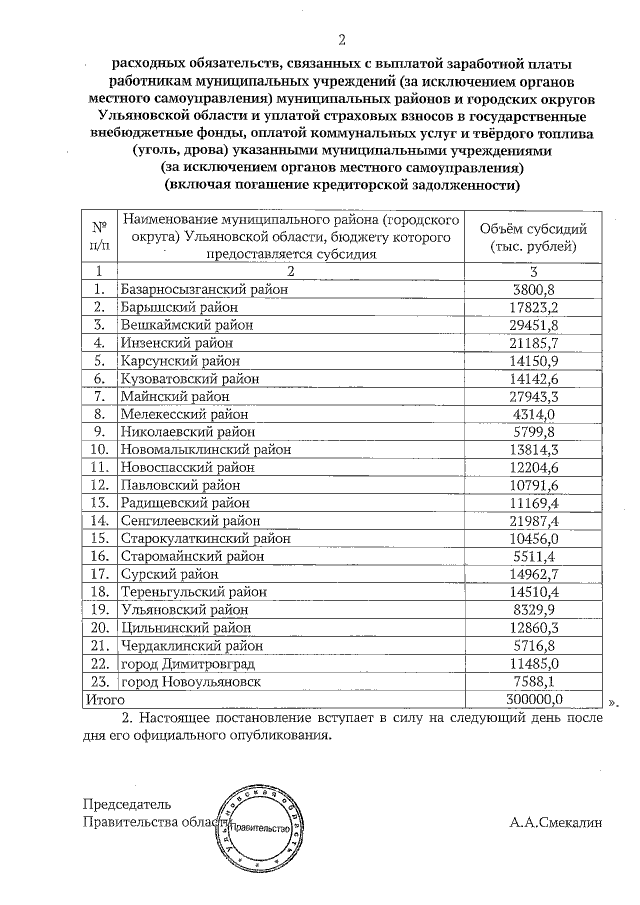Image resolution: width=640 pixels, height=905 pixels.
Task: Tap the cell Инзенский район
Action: pyautogui.click(x=172, y=343)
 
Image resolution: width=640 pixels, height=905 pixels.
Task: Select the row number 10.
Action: pyautogui.click(x=99, y=450)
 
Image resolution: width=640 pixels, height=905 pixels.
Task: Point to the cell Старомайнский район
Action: pyautogui.click(x=190, y=557)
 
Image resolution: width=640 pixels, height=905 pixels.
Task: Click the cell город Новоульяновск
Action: pyautogui.click(x=190, y=681)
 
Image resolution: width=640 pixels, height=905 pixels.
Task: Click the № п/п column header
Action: pyautogui.click(x=99, y=236)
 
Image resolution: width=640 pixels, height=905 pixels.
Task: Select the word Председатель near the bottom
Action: pyautogui.click(x=127, y=804)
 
